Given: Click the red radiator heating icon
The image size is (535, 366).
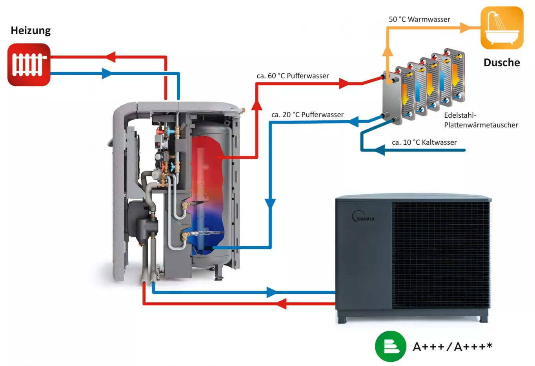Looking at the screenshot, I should (29, 65).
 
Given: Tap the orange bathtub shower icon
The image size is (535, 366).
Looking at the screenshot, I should (502, 28).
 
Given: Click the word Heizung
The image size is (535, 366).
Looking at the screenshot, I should (31, 31).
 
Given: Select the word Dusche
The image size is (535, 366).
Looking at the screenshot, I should (502, 63).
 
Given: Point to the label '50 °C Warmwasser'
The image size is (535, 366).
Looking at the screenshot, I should (419, 19).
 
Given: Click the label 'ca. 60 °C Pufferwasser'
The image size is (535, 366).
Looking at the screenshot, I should (293, 76).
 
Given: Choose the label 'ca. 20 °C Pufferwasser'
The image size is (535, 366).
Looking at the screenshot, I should (308, 115).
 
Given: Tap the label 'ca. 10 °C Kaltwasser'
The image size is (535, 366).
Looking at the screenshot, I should (424, 142).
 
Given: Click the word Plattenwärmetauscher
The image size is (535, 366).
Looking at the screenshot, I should (481, 125).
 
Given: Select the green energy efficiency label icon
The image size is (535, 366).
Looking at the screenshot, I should (390, 346).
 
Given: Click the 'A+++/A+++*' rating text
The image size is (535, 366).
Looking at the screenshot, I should (453, 347).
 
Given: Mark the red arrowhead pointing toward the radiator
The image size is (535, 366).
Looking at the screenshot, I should (110, 57).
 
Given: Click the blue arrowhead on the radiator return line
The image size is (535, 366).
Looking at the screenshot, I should (106, 73).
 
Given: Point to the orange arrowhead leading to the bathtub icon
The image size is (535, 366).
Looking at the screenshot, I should (465, 28).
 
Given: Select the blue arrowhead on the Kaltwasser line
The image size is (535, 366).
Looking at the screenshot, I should (379, 150).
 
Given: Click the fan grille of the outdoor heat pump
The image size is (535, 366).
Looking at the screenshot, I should (441, 255).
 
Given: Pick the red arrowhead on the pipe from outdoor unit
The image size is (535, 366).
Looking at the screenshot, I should (281, 303).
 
